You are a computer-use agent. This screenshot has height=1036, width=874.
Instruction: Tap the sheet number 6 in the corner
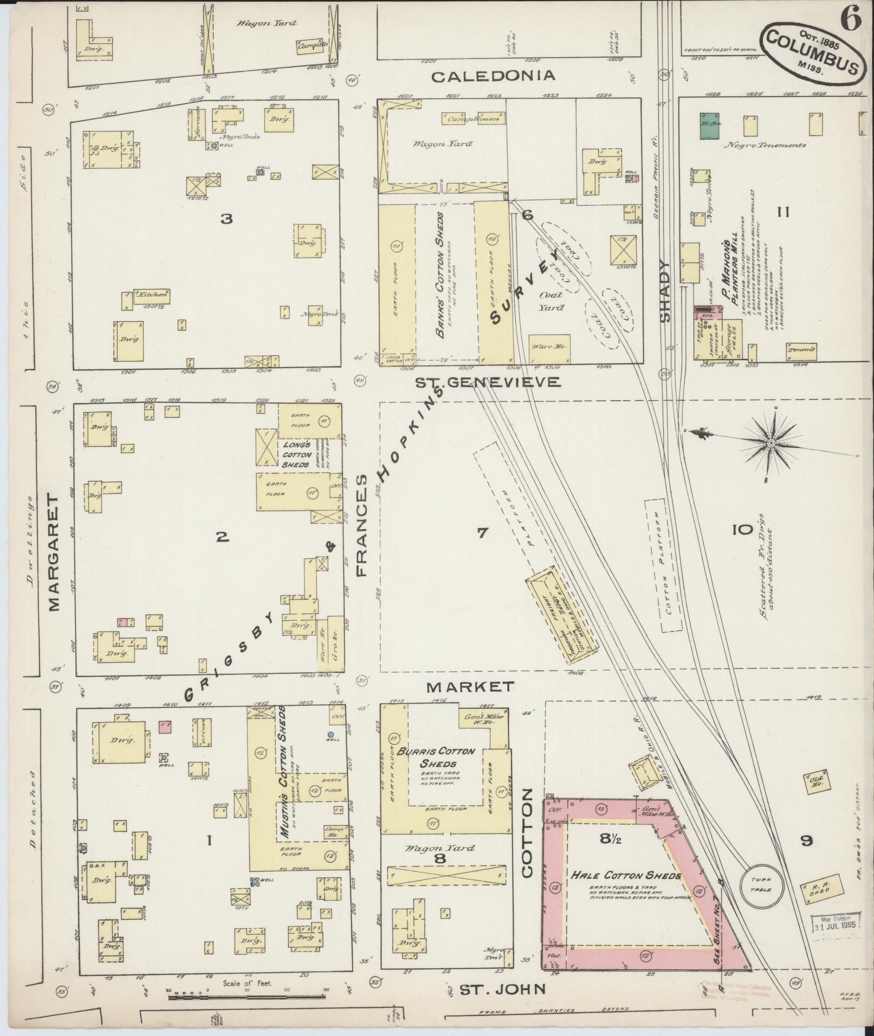tap(851, 21)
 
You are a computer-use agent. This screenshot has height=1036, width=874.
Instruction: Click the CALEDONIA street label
tap(493, 76)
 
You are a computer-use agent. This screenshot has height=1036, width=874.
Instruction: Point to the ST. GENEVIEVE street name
tap(488, 382)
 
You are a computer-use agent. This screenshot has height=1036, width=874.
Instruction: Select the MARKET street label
tap(470, 687)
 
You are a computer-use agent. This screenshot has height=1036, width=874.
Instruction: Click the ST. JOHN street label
tap(502, 990)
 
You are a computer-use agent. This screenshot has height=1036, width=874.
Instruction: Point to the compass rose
tap(770, 444)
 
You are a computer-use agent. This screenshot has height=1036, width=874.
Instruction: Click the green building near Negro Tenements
tap(709, 126)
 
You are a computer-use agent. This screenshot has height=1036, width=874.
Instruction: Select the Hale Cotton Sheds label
tap(625, 875)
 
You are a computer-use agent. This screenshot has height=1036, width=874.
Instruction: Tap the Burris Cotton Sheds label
tap(444, 757)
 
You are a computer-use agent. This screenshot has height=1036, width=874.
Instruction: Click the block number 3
tap(227, 218)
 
